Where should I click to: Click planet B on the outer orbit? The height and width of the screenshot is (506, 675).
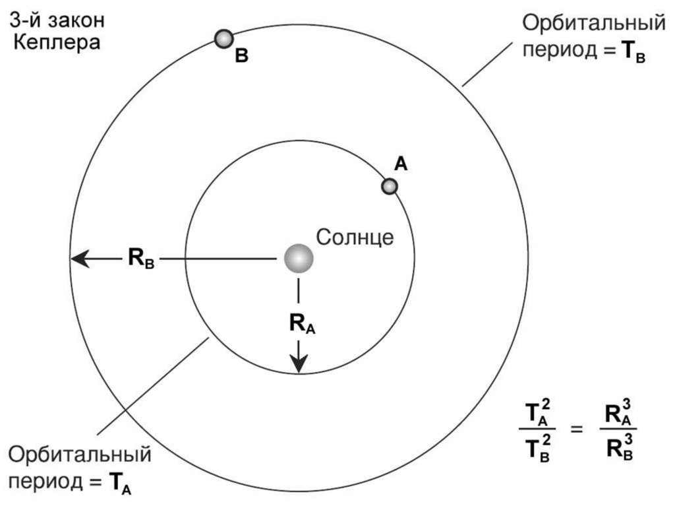(x=224, y=39)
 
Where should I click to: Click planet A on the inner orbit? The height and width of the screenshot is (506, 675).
(x=390, y=187)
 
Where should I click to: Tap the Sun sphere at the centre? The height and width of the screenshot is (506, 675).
(x=299, y=259)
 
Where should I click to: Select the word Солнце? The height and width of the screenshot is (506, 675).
(x=355, y=237)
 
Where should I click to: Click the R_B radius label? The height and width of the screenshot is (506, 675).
(x=141, y=259)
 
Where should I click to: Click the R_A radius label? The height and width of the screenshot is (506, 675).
(x=301, y=323)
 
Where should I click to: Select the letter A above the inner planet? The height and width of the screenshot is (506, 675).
(x=401, y=164)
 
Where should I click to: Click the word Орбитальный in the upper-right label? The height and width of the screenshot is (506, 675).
(x=594, y=24)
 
